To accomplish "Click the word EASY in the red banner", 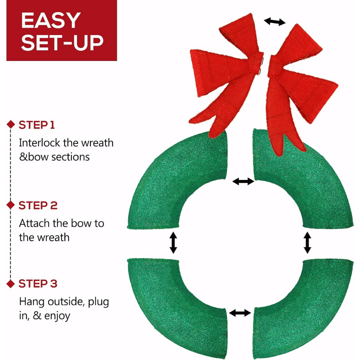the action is [x=50, y=20].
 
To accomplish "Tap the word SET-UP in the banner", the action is [x=62, y=42].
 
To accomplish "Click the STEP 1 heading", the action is [x=36, y=125].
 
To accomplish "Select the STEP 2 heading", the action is [x=38, y=205].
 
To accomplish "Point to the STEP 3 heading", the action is [x=38, y=283].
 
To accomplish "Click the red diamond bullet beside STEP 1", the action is [x=10, y=124].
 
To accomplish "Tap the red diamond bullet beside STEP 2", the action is [x=10, y=205].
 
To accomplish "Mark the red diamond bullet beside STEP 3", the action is [x=10, y=284].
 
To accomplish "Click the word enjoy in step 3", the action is [x=57, y=316].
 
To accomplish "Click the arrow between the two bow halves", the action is [x=274, y=21].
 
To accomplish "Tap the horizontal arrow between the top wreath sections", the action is [x=243, y=181].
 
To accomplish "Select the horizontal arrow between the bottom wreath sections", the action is [x=240, y=312].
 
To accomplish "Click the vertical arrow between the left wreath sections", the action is [x=173, y=242].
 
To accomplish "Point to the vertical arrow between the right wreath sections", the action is [x=307, y=242].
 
